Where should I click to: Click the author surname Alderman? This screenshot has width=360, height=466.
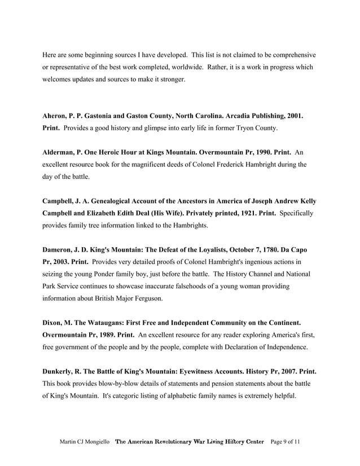pyautogui.click(x=60, y=152)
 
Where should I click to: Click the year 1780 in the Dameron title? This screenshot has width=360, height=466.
pyautogui.click(x=270, y=250)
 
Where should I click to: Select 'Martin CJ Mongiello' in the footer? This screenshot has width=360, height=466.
pyautogui.click(x=85, y=441)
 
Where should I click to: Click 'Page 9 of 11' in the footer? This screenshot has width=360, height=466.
pyautogui.click(x=286, y=441)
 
